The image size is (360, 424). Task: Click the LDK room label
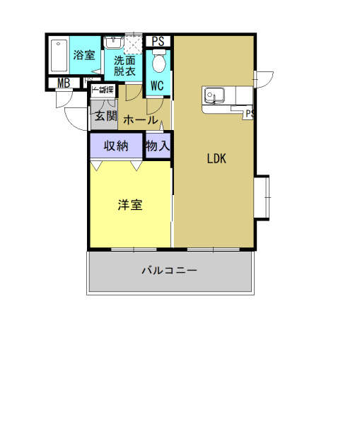tap(216, 159)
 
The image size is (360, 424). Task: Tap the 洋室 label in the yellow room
tap(130, 205)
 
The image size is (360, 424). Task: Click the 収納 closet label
tap(116, 147)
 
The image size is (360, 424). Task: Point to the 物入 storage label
tap(158, 147)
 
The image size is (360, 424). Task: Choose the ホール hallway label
tap(140, 120)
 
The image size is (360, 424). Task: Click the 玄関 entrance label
tap(105, 116)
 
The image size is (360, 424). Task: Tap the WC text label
tap(157, 86)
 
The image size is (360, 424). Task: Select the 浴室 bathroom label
tap(84, 54)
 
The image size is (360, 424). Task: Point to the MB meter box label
tap(64, 83)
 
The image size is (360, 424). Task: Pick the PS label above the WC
tap(158, 41)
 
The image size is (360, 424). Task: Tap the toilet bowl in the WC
tap(158, 64)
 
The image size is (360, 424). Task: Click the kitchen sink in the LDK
tap(213, 95)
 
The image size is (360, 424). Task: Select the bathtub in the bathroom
tap(59, 54)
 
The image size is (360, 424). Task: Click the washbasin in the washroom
tap(112, 44)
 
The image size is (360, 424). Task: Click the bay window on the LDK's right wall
tap(262, 196)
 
